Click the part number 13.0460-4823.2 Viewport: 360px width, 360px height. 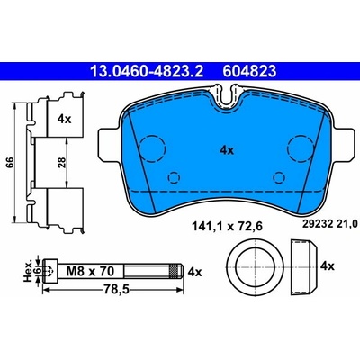pos(147,71)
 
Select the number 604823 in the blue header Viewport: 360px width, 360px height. pos(249,71)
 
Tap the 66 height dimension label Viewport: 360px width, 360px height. pos(10,163)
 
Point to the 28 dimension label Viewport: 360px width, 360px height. pos(62,163)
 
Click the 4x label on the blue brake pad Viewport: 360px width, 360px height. pos(227,150)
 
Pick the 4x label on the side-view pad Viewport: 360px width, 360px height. pos(64,120)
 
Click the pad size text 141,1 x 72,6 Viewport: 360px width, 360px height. pos(227,227)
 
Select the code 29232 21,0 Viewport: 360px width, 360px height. pos(328,223)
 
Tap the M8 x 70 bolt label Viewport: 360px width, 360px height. pos(90,272)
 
